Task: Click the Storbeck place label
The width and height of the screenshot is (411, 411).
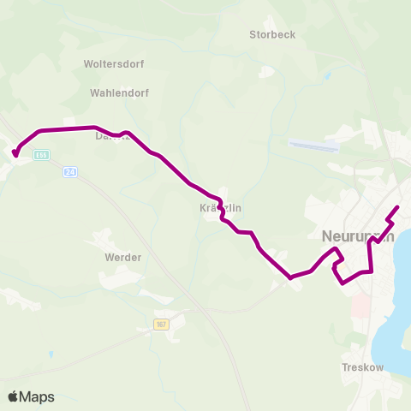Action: point(271,35)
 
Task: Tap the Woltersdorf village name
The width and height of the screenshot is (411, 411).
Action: point(114,64)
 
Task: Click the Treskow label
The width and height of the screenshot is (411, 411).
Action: point(362,367)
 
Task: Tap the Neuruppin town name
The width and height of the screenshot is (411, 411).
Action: point(358,236)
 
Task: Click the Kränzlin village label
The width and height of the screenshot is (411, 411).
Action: point(220,208)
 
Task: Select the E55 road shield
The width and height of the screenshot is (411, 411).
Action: point(42,155)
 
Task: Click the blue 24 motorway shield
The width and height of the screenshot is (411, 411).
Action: point(70,172)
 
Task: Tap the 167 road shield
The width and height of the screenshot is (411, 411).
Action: point(162,325)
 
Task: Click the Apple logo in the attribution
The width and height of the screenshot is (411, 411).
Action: point(13,396)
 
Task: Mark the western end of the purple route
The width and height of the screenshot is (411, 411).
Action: point(15,154)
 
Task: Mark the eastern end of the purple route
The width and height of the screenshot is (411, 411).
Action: point(398,208)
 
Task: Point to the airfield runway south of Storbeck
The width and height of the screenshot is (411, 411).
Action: point(313,146)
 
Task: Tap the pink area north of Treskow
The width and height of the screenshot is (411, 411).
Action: point(360,304)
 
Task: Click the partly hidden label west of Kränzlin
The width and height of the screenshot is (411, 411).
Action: point(111,135)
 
